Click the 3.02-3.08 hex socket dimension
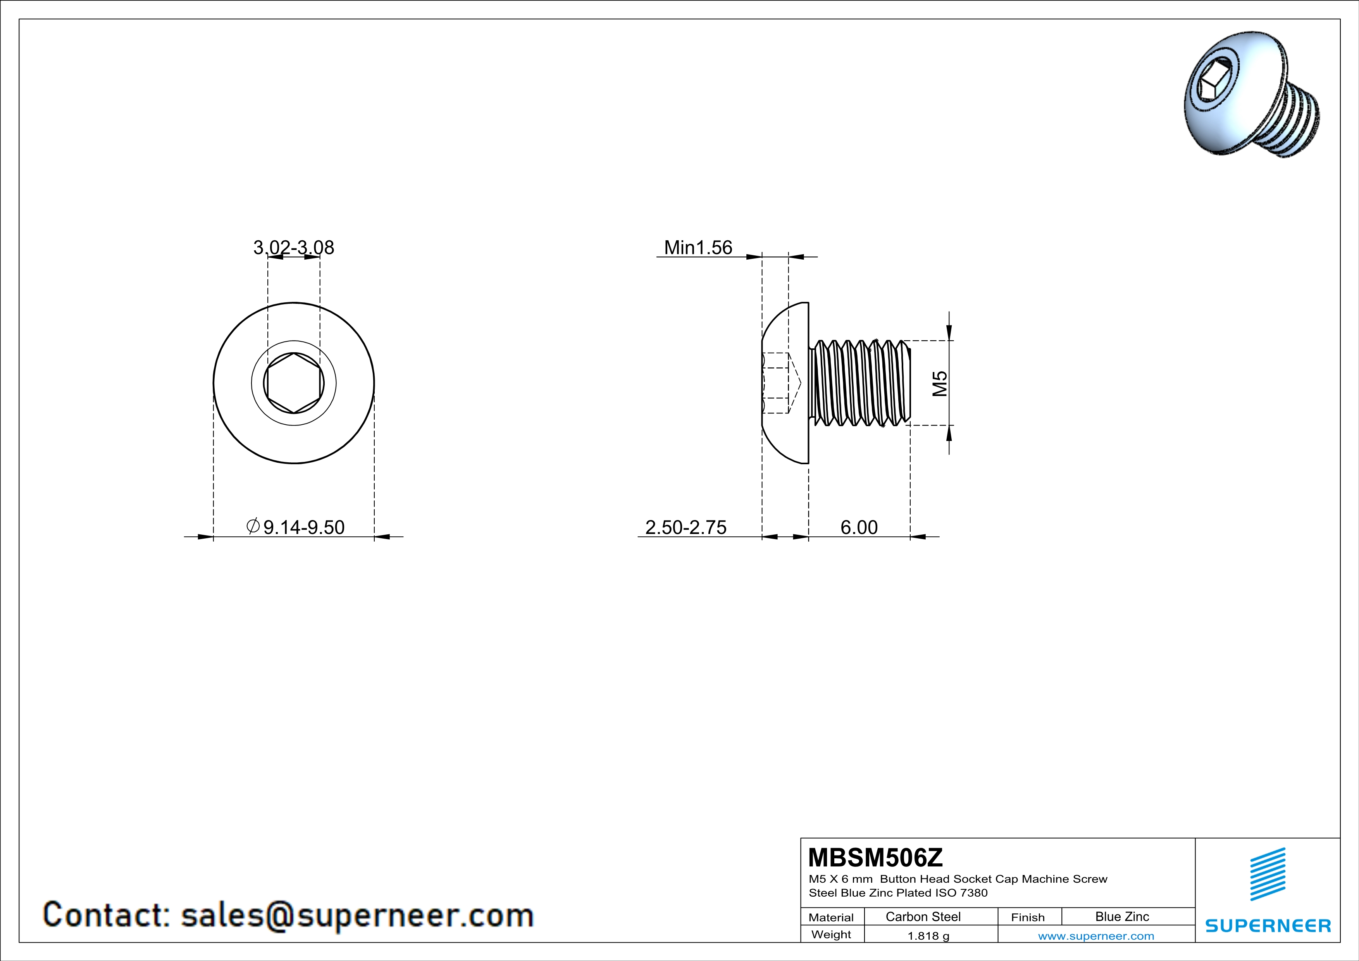coord(294,247)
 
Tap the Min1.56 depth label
coord(698,247)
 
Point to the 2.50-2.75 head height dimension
coord(686,527)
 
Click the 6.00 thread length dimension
coord(859,527)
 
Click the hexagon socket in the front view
coord(294,383)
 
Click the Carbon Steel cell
coord(923,916)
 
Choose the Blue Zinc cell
coord(1121,916)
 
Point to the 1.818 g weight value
coord(928,935)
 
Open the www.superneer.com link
coord(1095,935)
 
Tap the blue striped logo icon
coord(1267,874)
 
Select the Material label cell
coord(831,917)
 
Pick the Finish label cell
coord(1028,917)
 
